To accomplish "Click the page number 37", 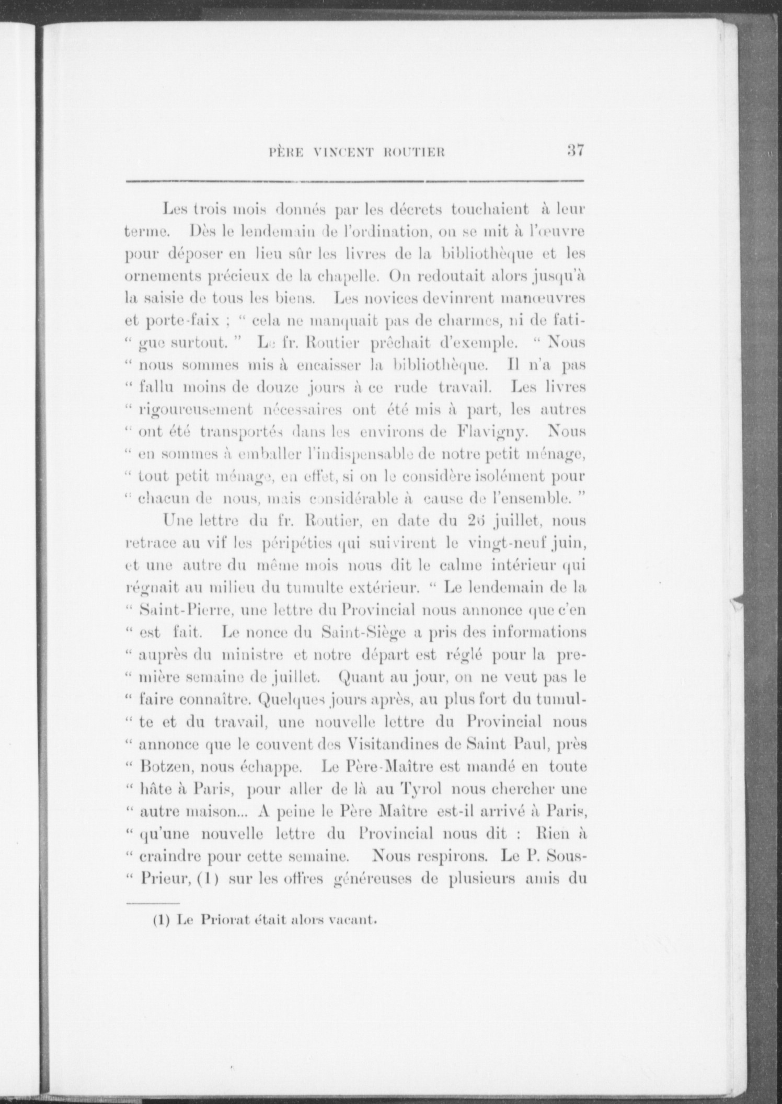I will (574, 151).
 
